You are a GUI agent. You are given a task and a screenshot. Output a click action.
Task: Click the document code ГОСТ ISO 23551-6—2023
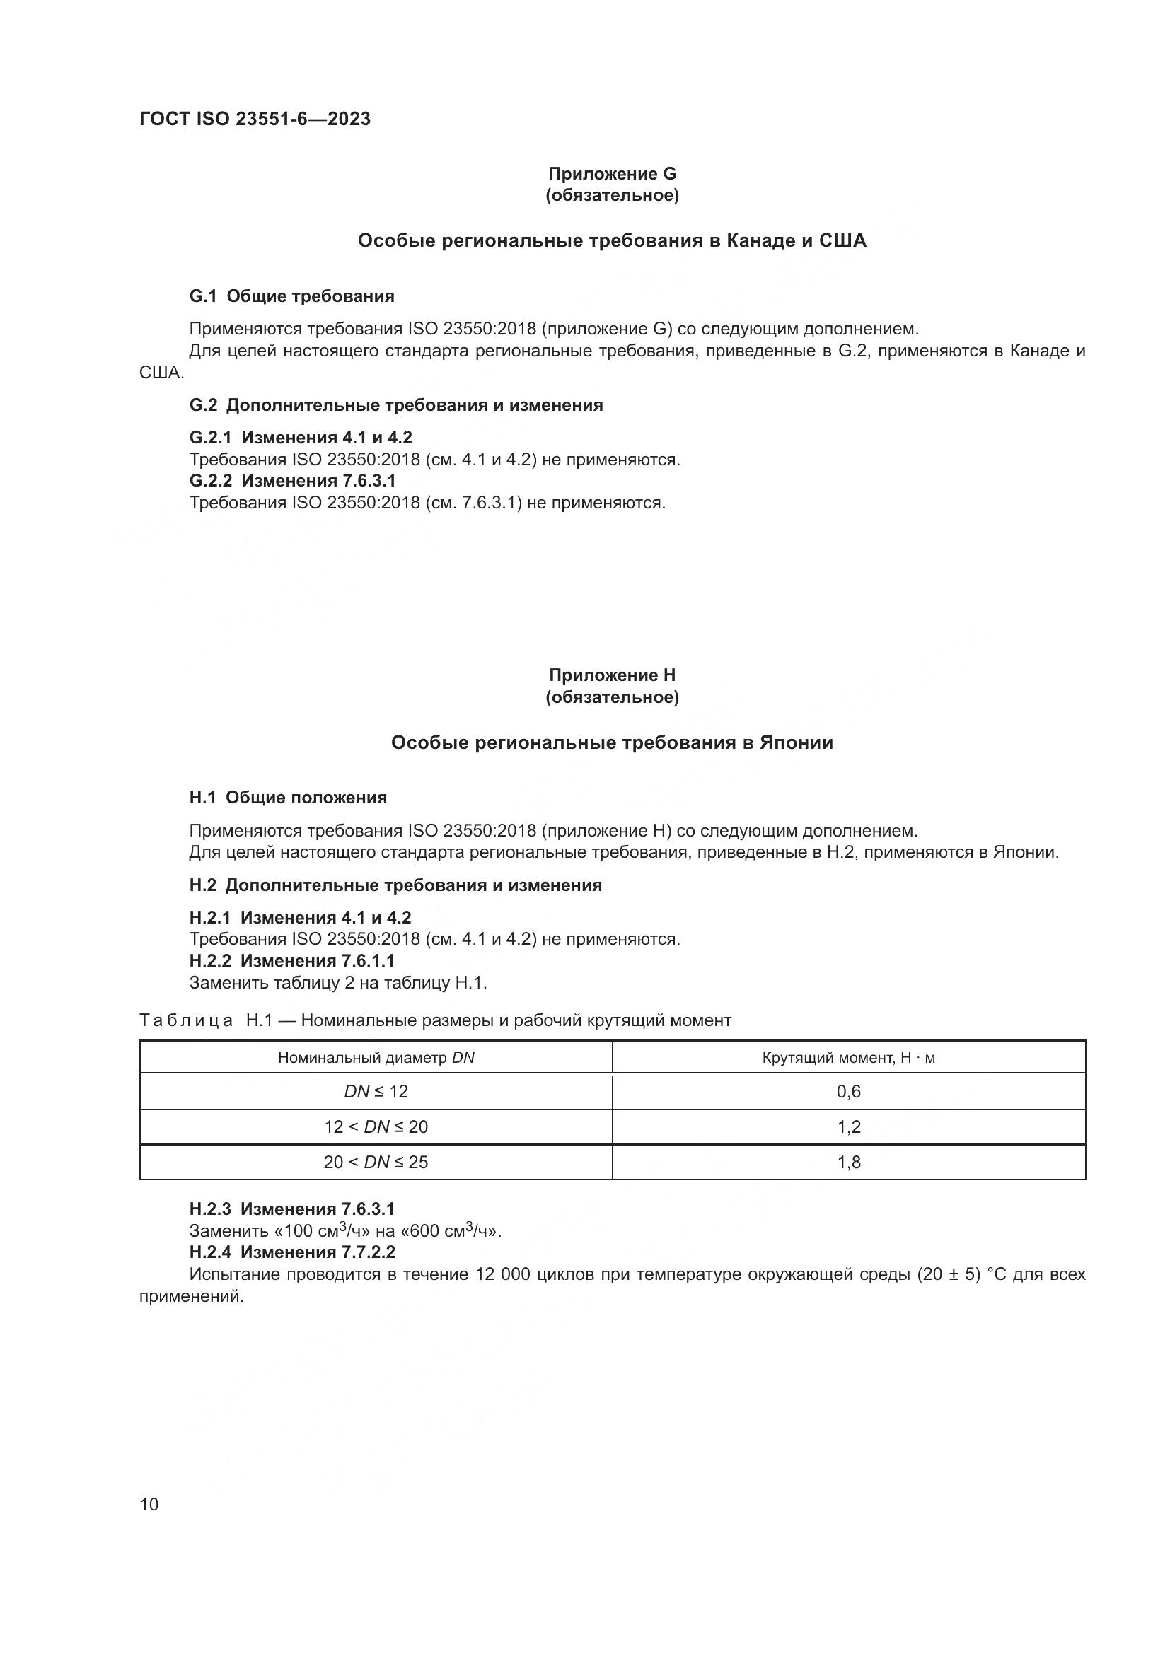click(255, 119)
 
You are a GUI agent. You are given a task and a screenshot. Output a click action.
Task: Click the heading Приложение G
click(613, 174)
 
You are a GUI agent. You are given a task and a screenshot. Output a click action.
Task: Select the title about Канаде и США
click(613, 240)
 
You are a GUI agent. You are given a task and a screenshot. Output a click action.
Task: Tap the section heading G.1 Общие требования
click(291, 296)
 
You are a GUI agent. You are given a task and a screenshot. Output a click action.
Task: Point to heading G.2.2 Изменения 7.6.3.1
click(293, 480)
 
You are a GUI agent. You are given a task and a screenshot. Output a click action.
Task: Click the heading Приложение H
click(613, 675)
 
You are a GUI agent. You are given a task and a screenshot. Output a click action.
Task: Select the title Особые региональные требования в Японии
click(613, 742)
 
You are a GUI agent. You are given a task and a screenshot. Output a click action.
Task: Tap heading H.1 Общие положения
click(288, 798)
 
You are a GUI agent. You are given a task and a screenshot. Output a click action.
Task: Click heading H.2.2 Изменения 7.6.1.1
click(291, 960)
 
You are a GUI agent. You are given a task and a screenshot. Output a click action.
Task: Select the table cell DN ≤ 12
click(376, 1091)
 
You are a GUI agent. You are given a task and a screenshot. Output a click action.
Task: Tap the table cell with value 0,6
click(849, 1091)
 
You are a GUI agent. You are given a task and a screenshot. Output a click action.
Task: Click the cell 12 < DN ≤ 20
click(376, 1126)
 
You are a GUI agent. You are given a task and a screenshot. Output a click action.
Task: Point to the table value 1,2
click(849, 1126)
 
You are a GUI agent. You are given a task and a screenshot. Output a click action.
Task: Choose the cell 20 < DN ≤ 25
click(376, 1162)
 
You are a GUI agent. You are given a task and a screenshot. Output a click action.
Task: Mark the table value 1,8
click(849, 1162)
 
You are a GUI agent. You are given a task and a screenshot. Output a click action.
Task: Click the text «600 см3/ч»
click(450, 1231)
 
